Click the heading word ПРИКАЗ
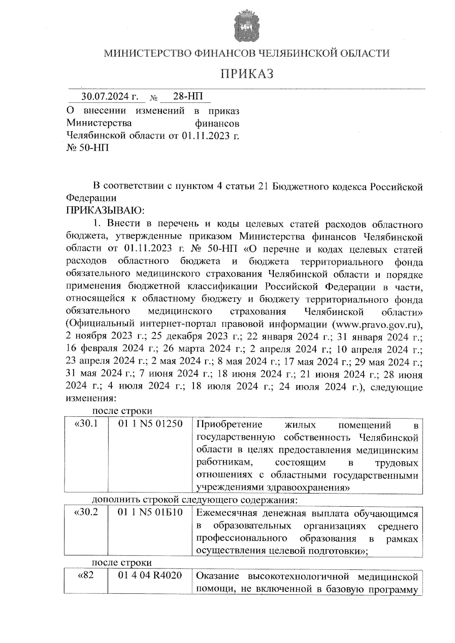(x=247, y=74)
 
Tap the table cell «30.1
(x=86, y=424)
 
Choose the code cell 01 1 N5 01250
(x=151, y=424)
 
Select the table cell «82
(x=86, y=576)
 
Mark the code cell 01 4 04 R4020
(x=150, y=576)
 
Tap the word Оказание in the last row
(x=218, y=576)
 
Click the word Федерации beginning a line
(x=91, y=198)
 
